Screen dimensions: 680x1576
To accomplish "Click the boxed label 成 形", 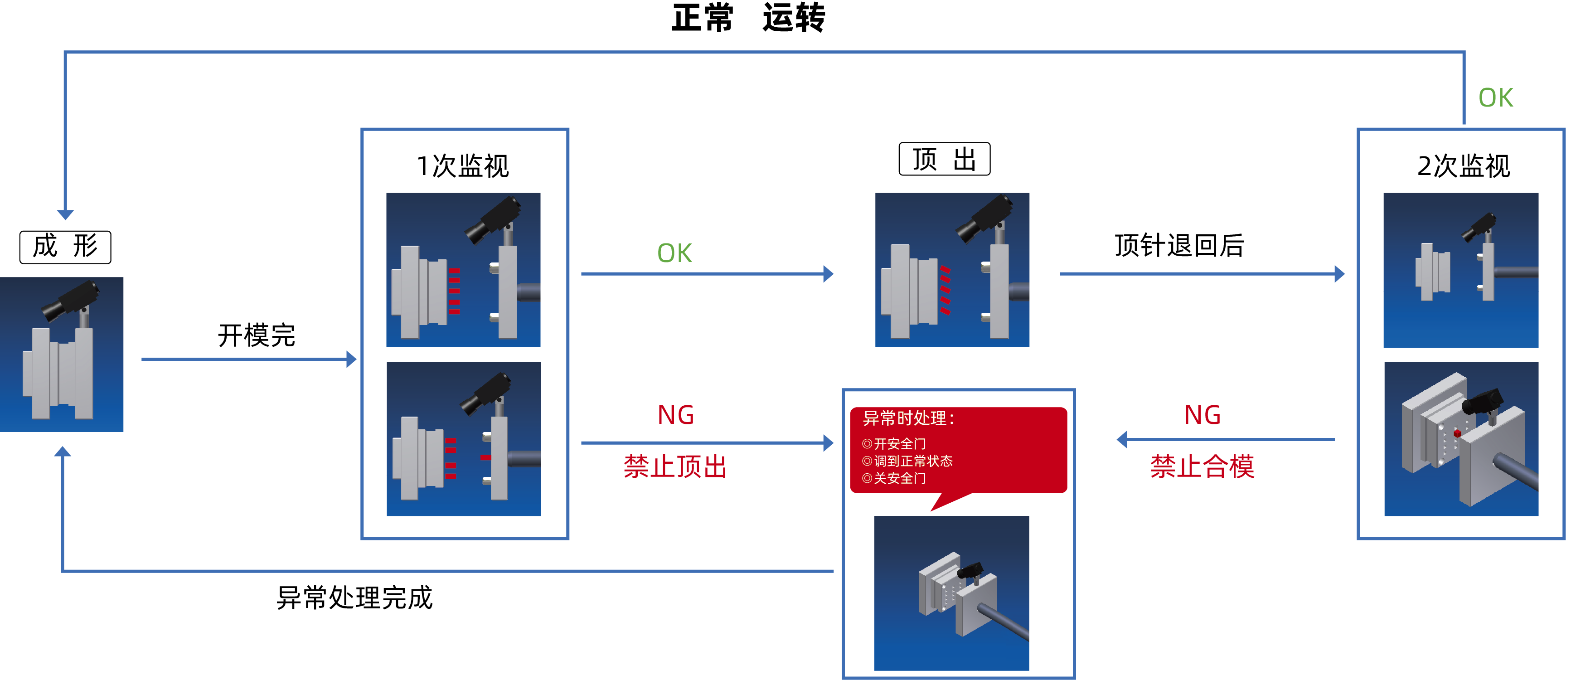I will [x=65, y=247].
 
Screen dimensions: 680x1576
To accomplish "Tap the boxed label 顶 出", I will [x=944, y=159].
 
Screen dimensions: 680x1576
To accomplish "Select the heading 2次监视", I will [x=1464, y=166].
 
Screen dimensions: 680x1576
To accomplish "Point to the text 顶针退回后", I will [x=1178, y=245].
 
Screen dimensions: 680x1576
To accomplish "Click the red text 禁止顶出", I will [x=675, y=466].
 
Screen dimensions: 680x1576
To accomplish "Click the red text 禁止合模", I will [x=1202, y=466].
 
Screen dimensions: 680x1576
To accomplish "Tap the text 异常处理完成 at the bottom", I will [x=354, y=597].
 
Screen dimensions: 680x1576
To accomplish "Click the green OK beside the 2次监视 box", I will [x=1495, y=98].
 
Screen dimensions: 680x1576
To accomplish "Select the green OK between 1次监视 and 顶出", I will [x=674, y=253].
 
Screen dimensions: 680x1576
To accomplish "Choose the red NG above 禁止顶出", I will [x=675, y=415].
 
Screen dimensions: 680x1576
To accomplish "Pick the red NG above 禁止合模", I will [x=1202, y=415].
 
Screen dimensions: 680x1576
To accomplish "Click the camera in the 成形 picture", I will [x=70, y=300].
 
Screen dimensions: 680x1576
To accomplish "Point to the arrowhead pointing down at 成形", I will [x=65, y=214].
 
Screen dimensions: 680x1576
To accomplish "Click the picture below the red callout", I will [x=951, y=593].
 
